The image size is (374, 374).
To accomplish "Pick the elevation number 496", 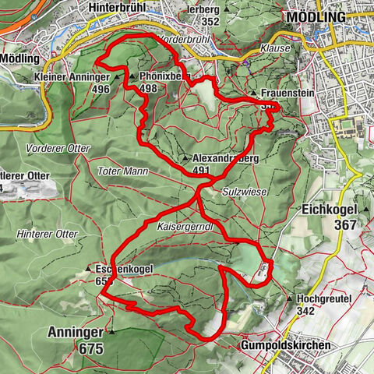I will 100,89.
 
